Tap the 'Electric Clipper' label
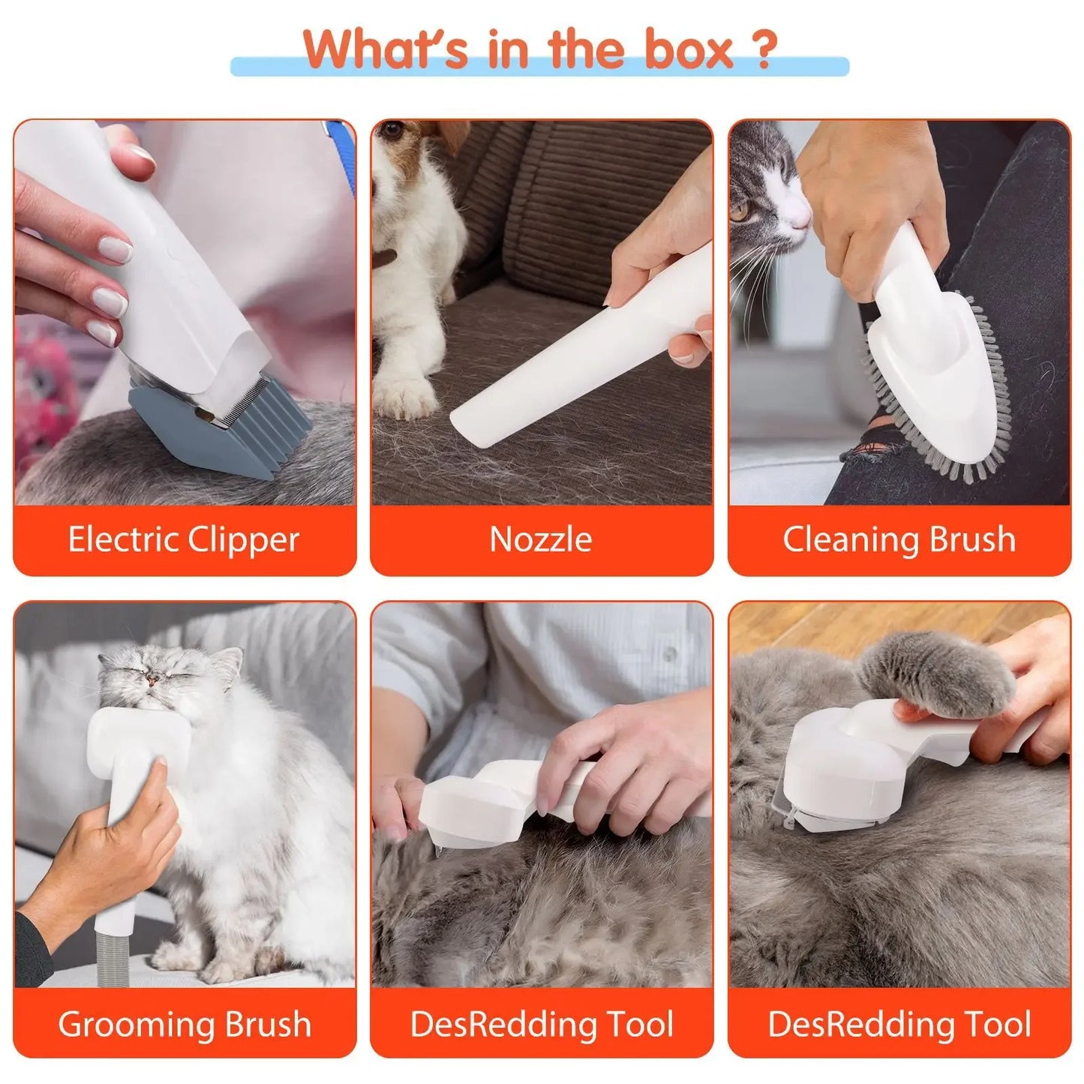pyautogui.click(x=184, y=539)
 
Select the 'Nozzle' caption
pyautogui.click(x=541, y=539)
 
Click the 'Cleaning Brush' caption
pyautogui.click(x=899, y=539)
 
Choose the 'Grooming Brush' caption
pyautogui.click(x=184, y=1024)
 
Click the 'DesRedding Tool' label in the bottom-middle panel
pyautogui.click(x=541, y=1024)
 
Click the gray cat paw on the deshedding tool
pyautogui.click(x=938, y=668)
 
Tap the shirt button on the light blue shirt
pyautogui.click(x=669, y=654)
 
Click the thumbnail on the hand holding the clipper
pyautogui.click(x=143, y=156)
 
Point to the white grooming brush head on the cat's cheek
pyautogui.click(x=139, y=739)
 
